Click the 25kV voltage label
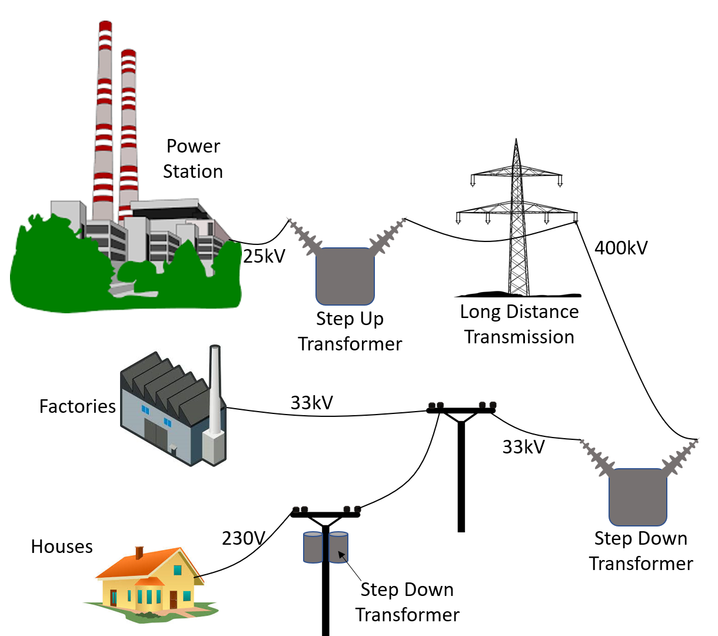[x=264, y=256]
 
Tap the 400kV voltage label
[x=621, y=248]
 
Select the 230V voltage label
[x=244, y=538]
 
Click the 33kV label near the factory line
[x=312, y=403]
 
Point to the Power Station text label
[x=193, y=158]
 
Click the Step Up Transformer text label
[x=350, y=331]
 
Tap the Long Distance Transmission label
[x=519, y=324]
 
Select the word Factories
[x=77, y=406]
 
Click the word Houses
[x=62, y=546]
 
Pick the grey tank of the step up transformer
[x=345, y=276]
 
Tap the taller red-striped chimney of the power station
[x=104, y=118]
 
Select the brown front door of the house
[x=174, y=599]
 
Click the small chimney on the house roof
[x=139, y=552]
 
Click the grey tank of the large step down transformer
[x=638, y=496]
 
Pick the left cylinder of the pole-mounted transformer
[x=313, y=548]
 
